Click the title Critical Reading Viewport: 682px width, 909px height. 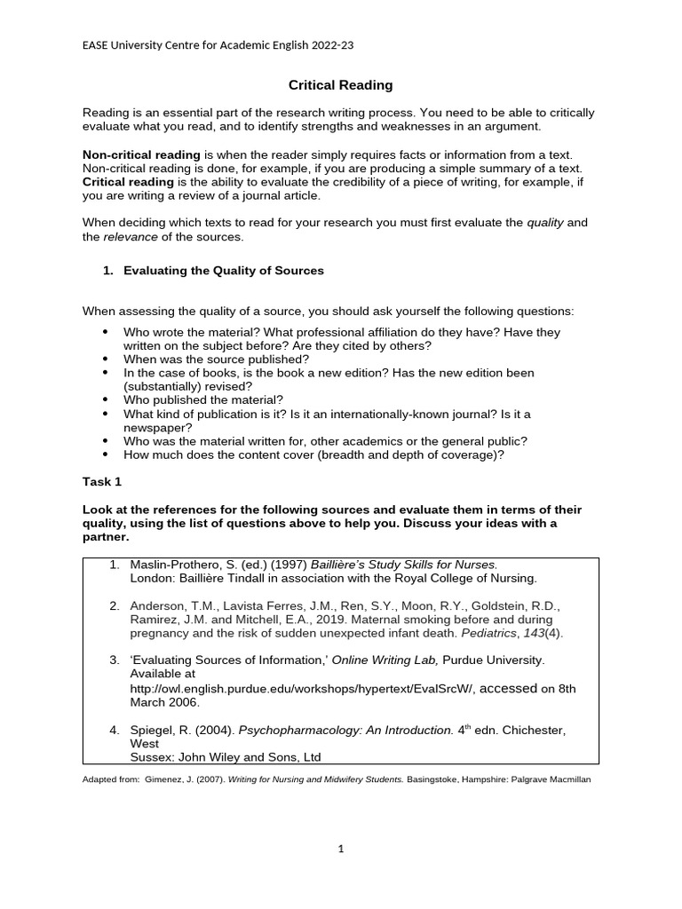pyautogui.click(x=340, y=85)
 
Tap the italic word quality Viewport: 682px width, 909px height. pyautogui.click(x=544, y=223)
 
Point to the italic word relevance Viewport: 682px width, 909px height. pyautogui.click(x=131, y=237)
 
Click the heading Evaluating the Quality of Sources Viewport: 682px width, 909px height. pyautogui.click(x=223, y=271)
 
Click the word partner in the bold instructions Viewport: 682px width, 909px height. pyautogui.click(x=104, y=537)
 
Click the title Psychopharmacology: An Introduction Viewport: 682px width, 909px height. pyautogui.click(x=345, y=730)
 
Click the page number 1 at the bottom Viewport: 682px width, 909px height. pyautogui.click(x=340, y=849)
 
